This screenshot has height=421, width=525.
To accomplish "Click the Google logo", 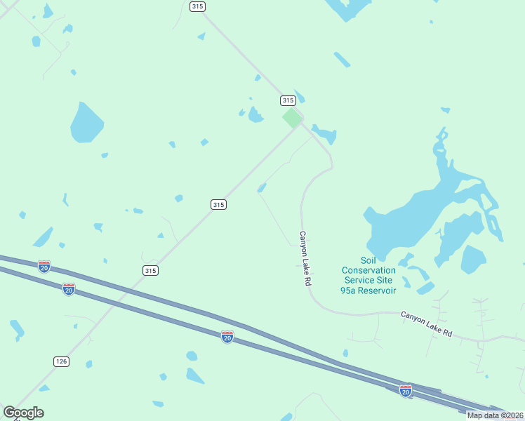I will pyautogui.click(x=23, y=413).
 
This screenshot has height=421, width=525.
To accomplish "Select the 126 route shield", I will pyautogui.click(x=61, y=361).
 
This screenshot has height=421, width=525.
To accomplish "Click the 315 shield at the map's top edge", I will pyautogui.click(x=197, y=6).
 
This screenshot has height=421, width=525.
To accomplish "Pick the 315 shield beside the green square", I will pyautogui.click(x=287, y=100).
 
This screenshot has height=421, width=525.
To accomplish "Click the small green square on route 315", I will pyautogui.click(x=292, y=117).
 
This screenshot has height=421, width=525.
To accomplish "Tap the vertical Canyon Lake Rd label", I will pyautogui.click(x=305, y=258).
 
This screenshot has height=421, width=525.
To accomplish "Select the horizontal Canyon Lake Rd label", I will pyautogui.click(x=427, y=324).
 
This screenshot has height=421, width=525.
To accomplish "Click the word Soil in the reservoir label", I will pyautogui.click(x=368, y=260).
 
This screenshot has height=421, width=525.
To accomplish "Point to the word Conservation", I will pyautogui.click(x=368, y=270).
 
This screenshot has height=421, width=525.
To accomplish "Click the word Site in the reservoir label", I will pyautogui.click(x=385, y=280).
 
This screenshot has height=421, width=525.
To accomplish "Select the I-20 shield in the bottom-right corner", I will pyautogui.click(x=406, y=390).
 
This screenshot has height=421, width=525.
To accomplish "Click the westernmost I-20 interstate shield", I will pyautogui.click(x=44, y=267).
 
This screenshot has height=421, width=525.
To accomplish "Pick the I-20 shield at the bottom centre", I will pyautogui.click(x=227, y=337).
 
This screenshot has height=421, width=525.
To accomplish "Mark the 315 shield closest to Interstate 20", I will pyautogui.click(x=150, y=270).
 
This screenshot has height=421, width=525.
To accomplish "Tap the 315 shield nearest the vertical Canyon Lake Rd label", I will pyautogui.click(x=218, y=204).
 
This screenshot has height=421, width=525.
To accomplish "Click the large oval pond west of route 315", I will pyautogui.click(x=87, y=123).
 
